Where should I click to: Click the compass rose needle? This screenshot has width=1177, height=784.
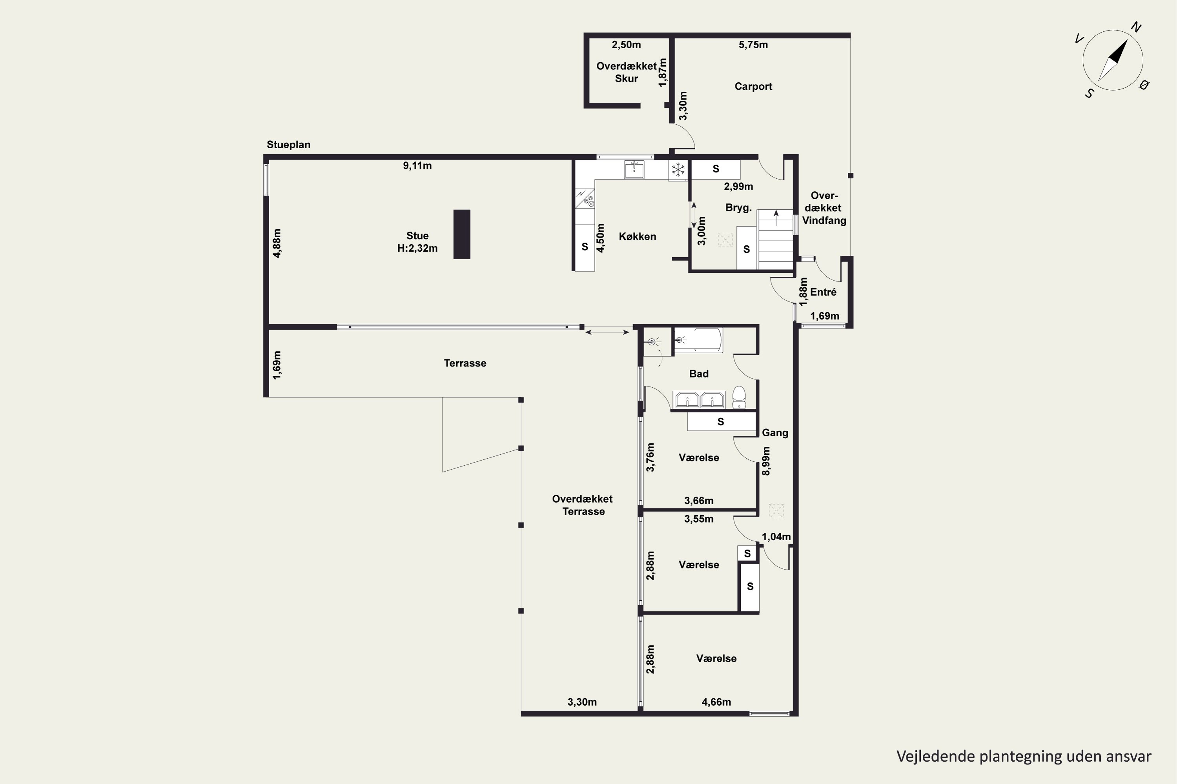(x=1113, y=60)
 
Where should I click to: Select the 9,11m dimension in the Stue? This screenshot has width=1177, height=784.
(x=417, y=165)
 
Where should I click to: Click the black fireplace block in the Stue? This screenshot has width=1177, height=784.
(x=462, y=234)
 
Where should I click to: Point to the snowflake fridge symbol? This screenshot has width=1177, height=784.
(x=678, y=170)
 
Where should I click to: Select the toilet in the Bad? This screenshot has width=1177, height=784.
(x=739, y=397)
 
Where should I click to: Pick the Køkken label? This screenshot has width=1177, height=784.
(x=638, y=236)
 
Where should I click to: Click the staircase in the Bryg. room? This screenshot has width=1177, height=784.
(x=775, y=240)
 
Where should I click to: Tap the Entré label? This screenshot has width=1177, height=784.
(x=823, y=292)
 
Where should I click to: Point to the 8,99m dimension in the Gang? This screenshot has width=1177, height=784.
(x=766, y=461)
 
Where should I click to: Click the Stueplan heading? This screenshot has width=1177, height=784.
(x=288, y=145)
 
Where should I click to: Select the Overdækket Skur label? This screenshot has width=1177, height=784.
(x=627, y=72)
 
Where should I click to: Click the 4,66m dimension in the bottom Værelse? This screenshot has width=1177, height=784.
(x=716, y=702)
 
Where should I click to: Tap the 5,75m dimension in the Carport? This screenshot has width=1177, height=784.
(x=753, y=45)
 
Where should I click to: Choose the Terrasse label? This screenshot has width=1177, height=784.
(x=465, y=363)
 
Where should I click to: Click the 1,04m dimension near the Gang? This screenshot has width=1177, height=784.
(x=776, y=537)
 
